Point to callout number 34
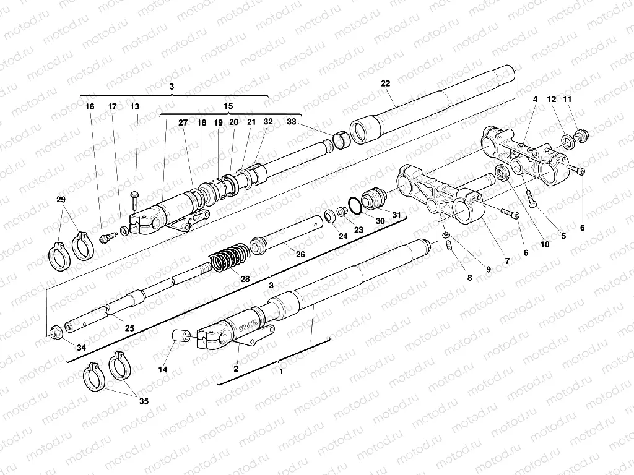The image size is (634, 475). pyautogui.click(x=81, y=348)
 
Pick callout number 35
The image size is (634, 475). pyautogui.click(x=144, y=401)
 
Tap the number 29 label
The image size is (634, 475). pyautogui.click(x=60, y=199)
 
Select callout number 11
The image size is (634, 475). pyautogui.click(x=567, y=99)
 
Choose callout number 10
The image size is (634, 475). pyautogui.click(x=544, y=245)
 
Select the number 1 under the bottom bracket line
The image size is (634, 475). pyautogui.click(x=281, y=372)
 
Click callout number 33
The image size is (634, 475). pyautogui.click(x=292, y=122)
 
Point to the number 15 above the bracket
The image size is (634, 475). pyautogui.click(x=228, y=106)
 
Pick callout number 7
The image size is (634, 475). pyautogui.click(x=506, y=262)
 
